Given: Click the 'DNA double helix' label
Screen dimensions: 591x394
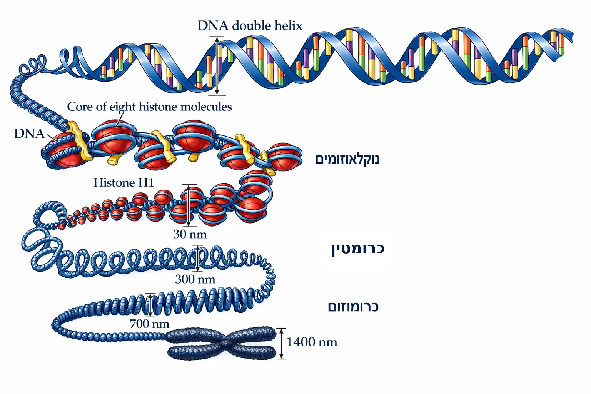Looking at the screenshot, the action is tap(250, 26).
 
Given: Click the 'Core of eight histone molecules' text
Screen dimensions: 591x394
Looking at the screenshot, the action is tap(149, 107).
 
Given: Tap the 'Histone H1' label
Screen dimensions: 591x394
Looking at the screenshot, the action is tap(124, 183).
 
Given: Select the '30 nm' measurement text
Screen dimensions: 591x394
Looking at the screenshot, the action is tap(190, 234).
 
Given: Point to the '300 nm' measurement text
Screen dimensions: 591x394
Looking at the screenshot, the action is tap(195, 279).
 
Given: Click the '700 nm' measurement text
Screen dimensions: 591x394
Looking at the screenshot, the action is tap(149, 324).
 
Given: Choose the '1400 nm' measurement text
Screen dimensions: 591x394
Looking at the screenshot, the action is tap(312, 342).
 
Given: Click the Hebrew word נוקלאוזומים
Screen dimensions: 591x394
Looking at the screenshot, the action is tap(347, 159).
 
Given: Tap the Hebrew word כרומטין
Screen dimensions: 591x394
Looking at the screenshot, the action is tap(357, 249).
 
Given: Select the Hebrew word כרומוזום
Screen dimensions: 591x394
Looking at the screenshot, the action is tap(353, 307).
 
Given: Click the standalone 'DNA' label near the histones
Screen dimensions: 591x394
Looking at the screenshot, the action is tap(29, 134).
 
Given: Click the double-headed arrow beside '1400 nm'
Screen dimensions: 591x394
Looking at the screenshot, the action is tap(281, 343).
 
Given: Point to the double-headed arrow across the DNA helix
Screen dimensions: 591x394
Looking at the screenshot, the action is tap(217, 66).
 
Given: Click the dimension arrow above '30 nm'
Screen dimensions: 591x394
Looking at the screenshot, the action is tap(189, 205).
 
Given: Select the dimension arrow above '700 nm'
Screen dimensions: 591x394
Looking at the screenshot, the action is tap(150, 305).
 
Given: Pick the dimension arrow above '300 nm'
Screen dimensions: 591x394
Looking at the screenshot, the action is tap(197, 258).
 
